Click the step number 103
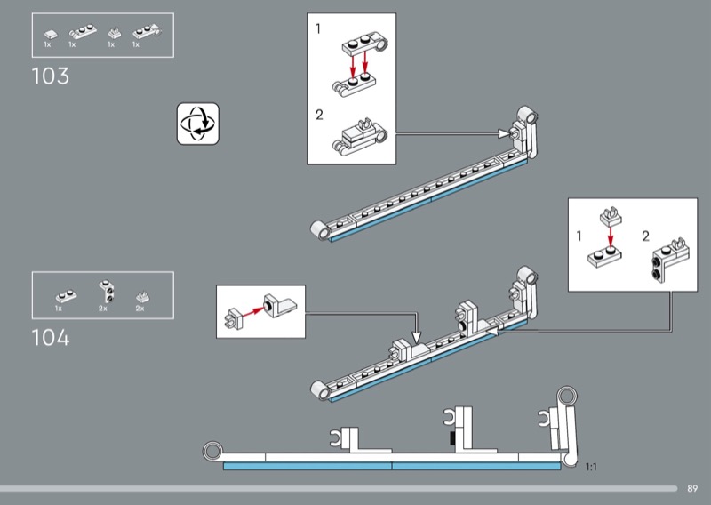point(51,76)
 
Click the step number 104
point(51,338)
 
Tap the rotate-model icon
point(197,124)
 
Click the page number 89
point(692,489)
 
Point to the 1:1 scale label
point(591,467)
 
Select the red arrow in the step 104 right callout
point(611,236)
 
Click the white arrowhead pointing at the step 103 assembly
point(504,133)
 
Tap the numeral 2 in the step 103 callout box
point(319,116)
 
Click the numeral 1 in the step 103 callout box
point(318,29)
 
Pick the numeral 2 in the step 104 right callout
point(646,236)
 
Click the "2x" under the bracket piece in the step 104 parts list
point(103,309)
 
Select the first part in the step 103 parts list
point(51,34)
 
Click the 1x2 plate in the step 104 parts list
point(66,296)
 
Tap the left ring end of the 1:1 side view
point(212,452)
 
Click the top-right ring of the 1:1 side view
point(567,396)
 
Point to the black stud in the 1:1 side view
point(451,437)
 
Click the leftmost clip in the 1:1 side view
point(336,437)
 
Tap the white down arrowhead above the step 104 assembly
point(416,337)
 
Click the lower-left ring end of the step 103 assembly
point(321,229)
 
